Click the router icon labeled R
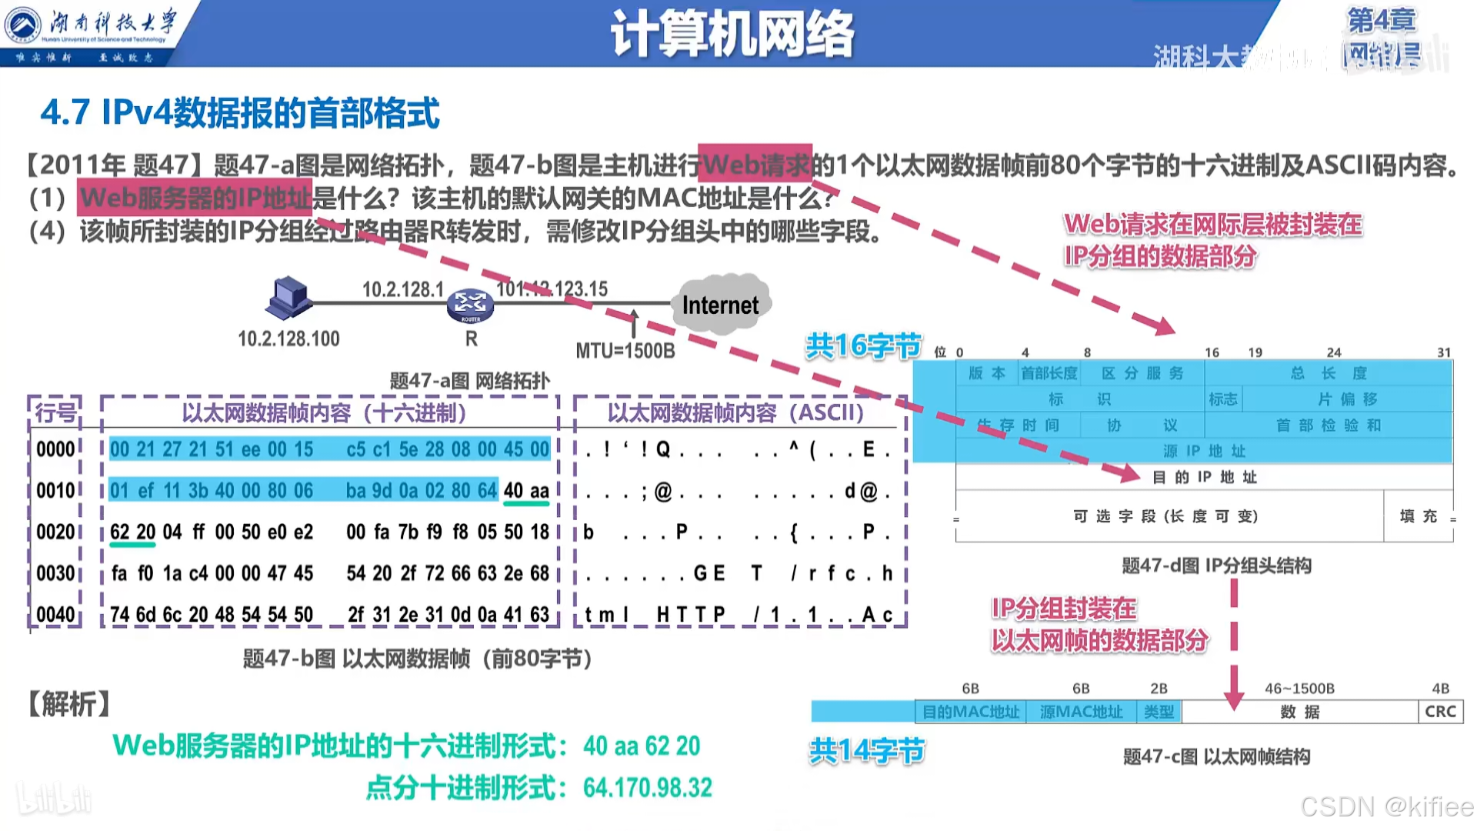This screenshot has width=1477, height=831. (x=470, y=305)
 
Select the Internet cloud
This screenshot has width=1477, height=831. (x=720, y=305)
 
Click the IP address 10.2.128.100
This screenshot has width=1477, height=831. (x=288, y=339)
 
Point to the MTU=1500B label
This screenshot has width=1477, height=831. (x=625, y=351)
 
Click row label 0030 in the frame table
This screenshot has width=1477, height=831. (x=55, y=573)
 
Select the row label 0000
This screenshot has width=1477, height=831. (x=55, y=449)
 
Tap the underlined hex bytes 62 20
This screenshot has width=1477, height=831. (x=132, y=532)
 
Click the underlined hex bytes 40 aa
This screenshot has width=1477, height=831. (x=526, y=491)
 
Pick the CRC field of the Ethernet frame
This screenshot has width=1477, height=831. (x=1440, y=712)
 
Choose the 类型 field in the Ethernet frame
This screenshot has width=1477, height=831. (x=1159, y=712)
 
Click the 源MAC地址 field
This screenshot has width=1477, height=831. (x=1081, y=712)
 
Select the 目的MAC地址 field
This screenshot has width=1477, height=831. (x=971, y=712)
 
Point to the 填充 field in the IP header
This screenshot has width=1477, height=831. (x=1418, y=516)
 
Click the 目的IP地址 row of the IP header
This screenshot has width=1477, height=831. (x=1204, y=477)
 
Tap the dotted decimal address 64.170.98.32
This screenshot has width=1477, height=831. (x=648, y=788)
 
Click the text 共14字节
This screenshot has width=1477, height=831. (x=866, y=750)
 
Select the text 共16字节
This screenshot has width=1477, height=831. (x=863, y=346)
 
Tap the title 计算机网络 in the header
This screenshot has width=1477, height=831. (x=732, y=34)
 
